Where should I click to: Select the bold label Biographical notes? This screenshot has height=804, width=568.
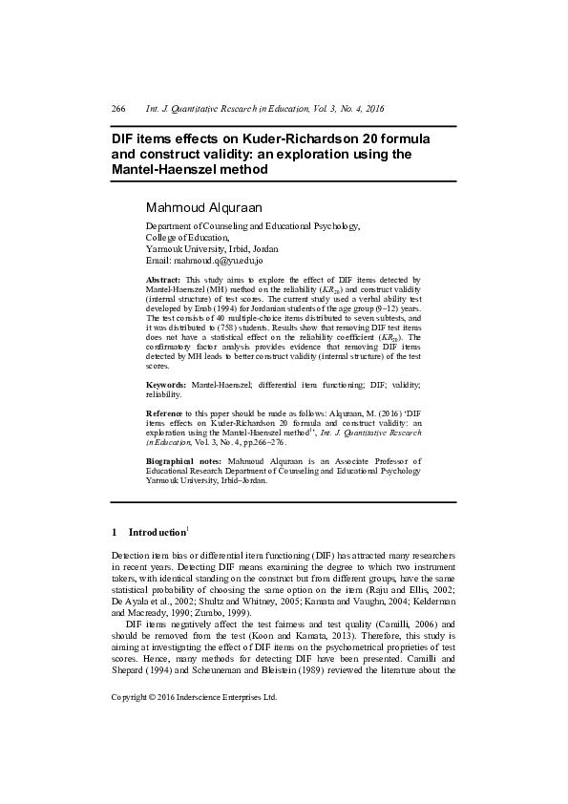coord(185,460)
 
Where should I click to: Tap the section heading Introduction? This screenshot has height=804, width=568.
coord(158,531)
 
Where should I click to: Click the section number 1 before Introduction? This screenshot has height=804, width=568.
coord(115,531)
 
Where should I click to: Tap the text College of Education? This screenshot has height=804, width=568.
coord(187,237)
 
